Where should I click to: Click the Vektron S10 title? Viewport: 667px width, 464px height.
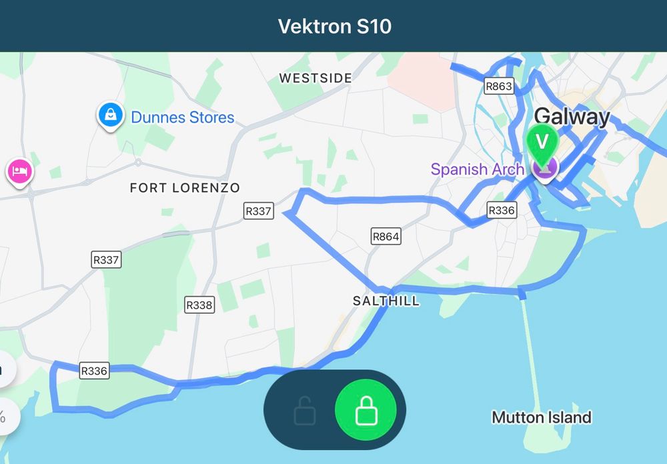coord(334,27)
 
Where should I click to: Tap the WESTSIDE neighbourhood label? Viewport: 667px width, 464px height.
coord(315,79)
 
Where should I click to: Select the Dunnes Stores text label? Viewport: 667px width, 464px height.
coord(183,118)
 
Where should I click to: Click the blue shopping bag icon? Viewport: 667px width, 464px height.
coord(109,115)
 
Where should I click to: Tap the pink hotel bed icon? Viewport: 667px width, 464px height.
coord(19,171)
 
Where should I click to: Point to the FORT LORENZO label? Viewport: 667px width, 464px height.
coord(185,188)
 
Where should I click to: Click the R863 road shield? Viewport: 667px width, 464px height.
coord(499,86)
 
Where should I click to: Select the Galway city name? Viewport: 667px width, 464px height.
coord(572,117)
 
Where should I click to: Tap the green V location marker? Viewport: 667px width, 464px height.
coord(542,142)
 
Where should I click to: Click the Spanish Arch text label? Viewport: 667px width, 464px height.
coord(478,169)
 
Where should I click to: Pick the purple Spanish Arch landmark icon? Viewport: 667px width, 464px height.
coord(544,169)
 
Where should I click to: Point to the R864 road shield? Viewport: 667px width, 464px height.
coord(386,236)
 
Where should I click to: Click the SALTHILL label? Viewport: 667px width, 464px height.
coord(386,301)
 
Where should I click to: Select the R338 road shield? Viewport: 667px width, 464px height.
coord(199,305)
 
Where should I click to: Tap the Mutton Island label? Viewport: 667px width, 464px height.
coord(542,418)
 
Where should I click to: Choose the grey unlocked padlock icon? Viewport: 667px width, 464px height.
coord(304,411)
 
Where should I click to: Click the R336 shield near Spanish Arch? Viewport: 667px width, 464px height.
coord(502,211)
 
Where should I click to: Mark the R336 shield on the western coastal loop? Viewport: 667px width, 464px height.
coord(93,371)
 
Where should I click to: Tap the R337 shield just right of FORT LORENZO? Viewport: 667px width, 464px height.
coord(259,211)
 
